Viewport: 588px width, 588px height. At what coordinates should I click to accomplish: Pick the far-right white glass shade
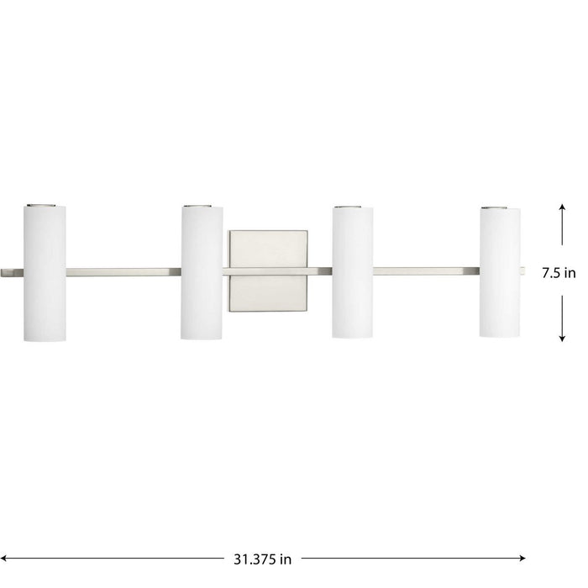click(x=500, y=272)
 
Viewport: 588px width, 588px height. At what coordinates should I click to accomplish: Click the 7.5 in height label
click(x=559, y=272)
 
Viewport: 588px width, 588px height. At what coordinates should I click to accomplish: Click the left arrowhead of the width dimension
click(x=8, y=556)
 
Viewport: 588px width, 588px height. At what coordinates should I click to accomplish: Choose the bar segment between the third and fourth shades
click(x=426, y=271)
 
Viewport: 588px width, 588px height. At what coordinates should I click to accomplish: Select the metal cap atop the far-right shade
click(x=500, y=206)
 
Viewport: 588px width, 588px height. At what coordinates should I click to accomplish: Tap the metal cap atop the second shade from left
click(x=202, y=204)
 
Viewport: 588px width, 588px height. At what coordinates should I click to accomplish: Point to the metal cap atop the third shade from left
click(x=353, y=205)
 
